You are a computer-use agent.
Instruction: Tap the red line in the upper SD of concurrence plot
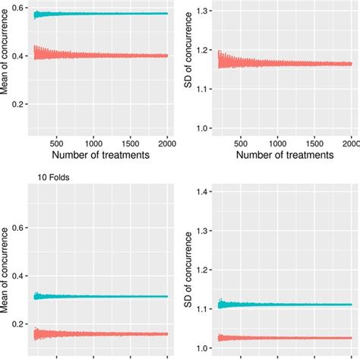(x=281, y=64)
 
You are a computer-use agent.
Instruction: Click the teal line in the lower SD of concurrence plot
(x=281, y=304)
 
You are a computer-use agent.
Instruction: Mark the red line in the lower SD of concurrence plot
(x=281, y=338)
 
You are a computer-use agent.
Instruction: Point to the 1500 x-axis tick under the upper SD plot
(x=313, y=142)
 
